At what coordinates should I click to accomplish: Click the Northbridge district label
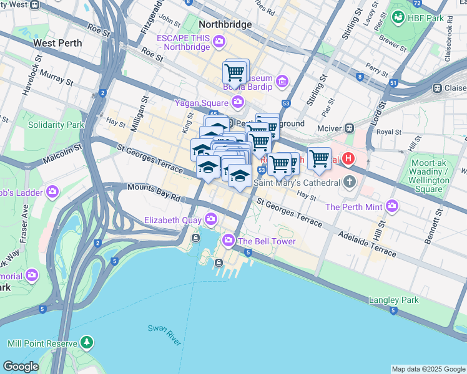(x=225, y=24)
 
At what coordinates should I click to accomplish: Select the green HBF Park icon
(x=398, y=17)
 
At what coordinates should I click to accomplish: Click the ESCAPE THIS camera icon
(x=219, y=42)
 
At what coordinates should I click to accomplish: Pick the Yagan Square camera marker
(x=237, y=101)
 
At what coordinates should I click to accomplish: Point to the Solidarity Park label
(x=56, y=125)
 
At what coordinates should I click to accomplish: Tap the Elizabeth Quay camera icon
(x=211, y=219)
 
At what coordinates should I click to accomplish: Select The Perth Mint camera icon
(x=392, y=206)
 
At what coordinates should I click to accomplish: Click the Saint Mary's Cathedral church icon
(x=350, y=182)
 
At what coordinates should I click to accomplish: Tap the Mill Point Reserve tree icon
(x=86, y=343)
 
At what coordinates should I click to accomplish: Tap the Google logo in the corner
(x=21, y=367)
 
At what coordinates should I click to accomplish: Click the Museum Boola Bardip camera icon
(x=282, y=80)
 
